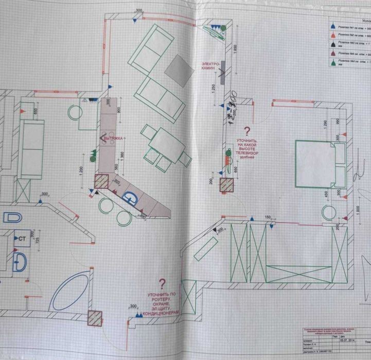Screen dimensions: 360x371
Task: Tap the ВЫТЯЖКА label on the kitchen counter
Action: click(x=114, y=139)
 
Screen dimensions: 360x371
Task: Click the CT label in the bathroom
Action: click(x=22, y=239)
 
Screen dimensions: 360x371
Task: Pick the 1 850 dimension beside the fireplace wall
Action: click(x=235, y=50)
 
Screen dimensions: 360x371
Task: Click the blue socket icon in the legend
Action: click(x=333, y=25)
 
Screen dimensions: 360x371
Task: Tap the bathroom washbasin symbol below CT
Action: click(x=20, y=260)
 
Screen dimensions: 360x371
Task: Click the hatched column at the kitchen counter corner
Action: click(x=101, y=182)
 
